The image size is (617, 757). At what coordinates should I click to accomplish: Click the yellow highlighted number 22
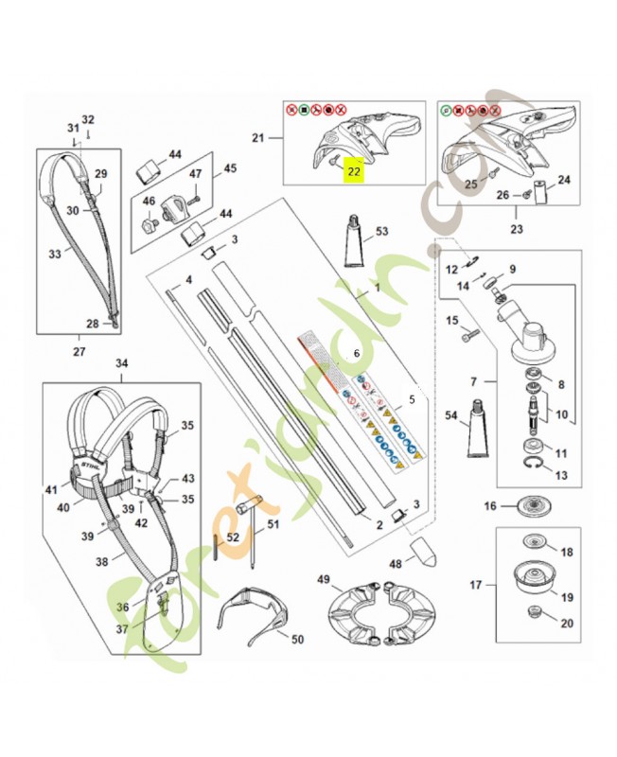[353, 171]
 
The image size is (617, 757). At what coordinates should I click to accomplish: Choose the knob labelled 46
[148, 225]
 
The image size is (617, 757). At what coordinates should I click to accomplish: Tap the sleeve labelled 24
[540, 193]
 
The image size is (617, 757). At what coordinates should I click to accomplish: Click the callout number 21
[257, 139]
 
